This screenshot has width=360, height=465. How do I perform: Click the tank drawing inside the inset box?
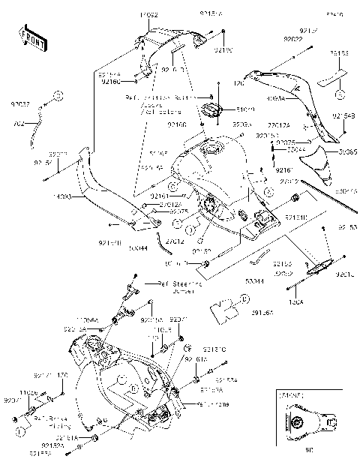[x=305, y=424]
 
